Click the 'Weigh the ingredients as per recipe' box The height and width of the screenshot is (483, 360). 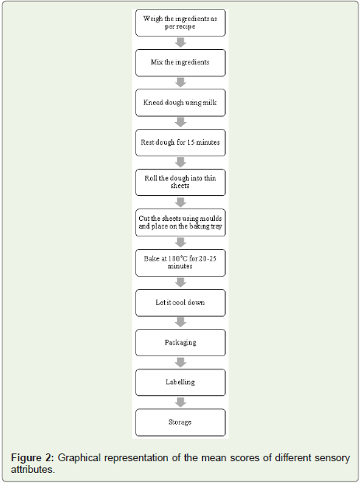[x=180, y=23]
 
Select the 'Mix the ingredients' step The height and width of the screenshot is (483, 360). [x=180, y=62]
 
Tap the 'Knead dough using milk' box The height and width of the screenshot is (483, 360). [x=180, y=103]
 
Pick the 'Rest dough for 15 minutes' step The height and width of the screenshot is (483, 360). [x=180, y=142]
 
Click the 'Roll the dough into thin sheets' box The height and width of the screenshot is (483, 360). [x=180, y=182]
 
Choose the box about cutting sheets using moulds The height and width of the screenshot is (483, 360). [x=180, y=222]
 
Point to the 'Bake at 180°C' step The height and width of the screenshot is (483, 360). [x=180, y=263]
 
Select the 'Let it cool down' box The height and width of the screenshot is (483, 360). [x=180, y=303]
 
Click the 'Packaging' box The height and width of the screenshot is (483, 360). [x=180, y=342]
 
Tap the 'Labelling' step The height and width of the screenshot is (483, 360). [x=180, y=382]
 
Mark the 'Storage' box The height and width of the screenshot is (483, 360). [x=180, y=422]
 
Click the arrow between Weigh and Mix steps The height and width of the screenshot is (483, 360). [x=180, y=43]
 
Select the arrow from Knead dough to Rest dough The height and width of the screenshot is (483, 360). [x=180, y=122]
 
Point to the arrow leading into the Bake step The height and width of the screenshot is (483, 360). [x=180, y=243]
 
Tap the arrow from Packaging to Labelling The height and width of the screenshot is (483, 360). [x=180, y=362]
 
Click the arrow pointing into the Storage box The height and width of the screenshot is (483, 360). [x=180, y=402]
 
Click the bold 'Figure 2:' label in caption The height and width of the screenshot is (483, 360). [x=33, y=458]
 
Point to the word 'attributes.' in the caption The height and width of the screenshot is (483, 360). [x=33, y=470]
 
